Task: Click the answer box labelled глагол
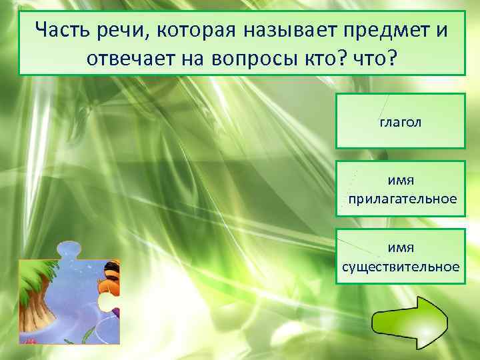click(400, 121)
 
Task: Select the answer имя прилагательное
click(400, 188)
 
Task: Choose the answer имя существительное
click(400, 256)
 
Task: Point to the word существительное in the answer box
click(400, 267)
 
